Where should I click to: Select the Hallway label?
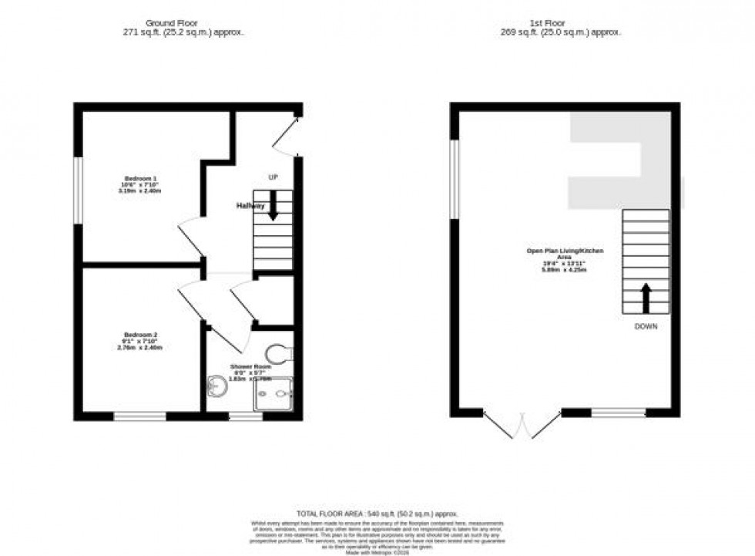click(x=250, y=206)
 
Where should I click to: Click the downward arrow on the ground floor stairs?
click(x=273, y=207)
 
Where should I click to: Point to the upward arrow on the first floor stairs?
click(x=646, y=296)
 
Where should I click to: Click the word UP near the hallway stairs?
click(x=273, y=177)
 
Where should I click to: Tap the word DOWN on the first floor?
click(x=646, y=327)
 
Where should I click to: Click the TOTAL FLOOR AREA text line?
click(x=377, y=514)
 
